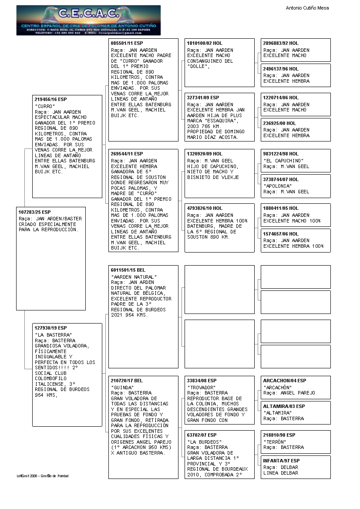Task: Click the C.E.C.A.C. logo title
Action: coord(88,14)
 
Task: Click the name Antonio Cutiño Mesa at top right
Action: coord(307,8)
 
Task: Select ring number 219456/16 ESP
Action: coord(50,100)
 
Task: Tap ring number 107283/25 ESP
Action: coord(35,212)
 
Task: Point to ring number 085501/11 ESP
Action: coord(127,44)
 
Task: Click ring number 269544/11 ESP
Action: coord(127,154)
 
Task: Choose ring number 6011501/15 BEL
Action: coord(128,270)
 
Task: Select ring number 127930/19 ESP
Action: coord(50,328)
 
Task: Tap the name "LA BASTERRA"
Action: coord(53,335)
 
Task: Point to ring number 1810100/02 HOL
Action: coord(205,44)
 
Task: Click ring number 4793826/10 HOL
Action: coord(205,208)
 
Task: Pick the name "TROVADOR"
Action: coord(201,388)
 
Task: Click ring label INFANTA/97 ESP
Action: coord(281,460)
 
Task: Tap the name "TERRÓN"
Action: coord(275,442)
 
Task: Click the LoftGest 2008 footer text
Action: coord(43,476)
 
